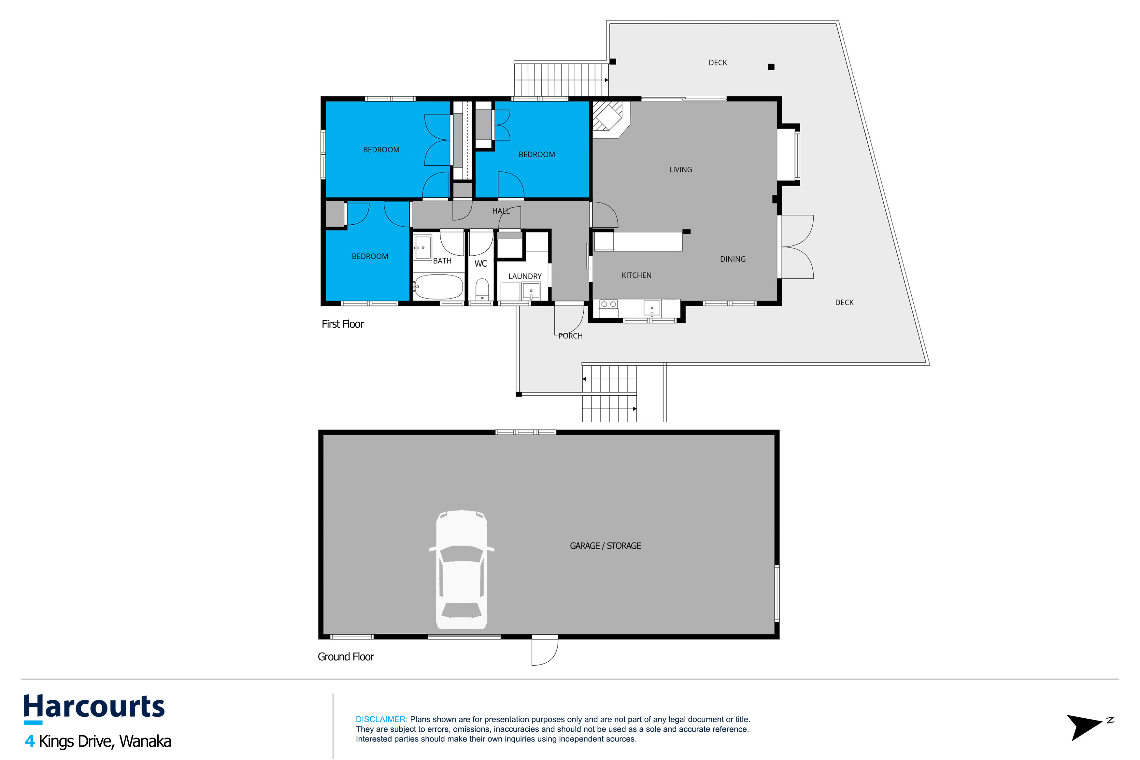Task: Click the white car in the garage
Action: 462,570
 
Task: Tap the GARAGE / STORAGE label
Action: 606,546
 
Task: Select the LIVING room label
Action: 680,170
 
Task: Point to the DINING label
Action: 733,259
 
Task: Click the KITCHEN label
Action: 636,275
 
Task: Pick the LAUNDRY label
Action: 525,276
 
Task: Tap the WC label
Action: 481,264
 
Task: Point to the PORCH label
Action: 570,336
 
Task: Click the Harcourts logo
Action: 94,708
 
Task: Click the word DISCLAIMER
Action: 381,719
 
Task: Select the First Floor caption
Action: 343,324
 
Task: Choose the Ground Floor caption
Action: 346,657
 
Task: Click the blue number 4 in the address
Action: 30,741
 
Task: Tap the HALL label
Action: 501,211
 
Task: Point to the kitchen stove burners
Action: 609,304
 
